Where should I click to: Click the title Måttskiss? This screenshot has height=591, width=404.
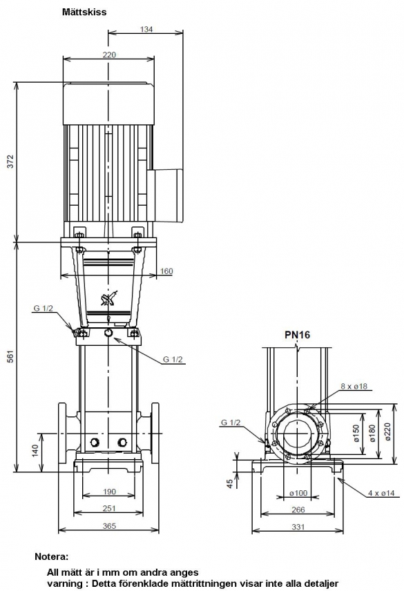(x=84, y=12)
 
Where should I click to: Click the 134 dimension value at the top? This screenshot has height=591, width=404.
(x=146, y=29)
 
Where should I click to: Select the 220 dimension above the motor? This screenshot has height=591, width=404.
(x=109, y=55)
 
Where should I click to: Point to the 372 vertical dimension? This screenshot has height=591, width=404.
(x=10, y=162)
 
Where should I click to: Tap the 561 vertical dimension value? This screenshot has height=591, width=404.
(x=10, y=356)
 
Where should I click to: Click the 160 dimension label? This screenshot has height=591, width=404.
(x=166, y=271)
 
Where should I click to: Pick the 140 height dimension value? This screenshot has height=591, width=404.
(x=35, y=451)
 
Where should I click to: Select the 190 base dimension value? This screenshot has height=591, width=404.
(x=109, y=492)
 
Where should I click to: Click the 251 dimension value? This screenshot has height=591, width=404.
(x=109, y=508)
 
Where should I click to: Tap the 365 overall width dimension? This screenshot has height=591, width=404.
(x=109, y=526)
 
